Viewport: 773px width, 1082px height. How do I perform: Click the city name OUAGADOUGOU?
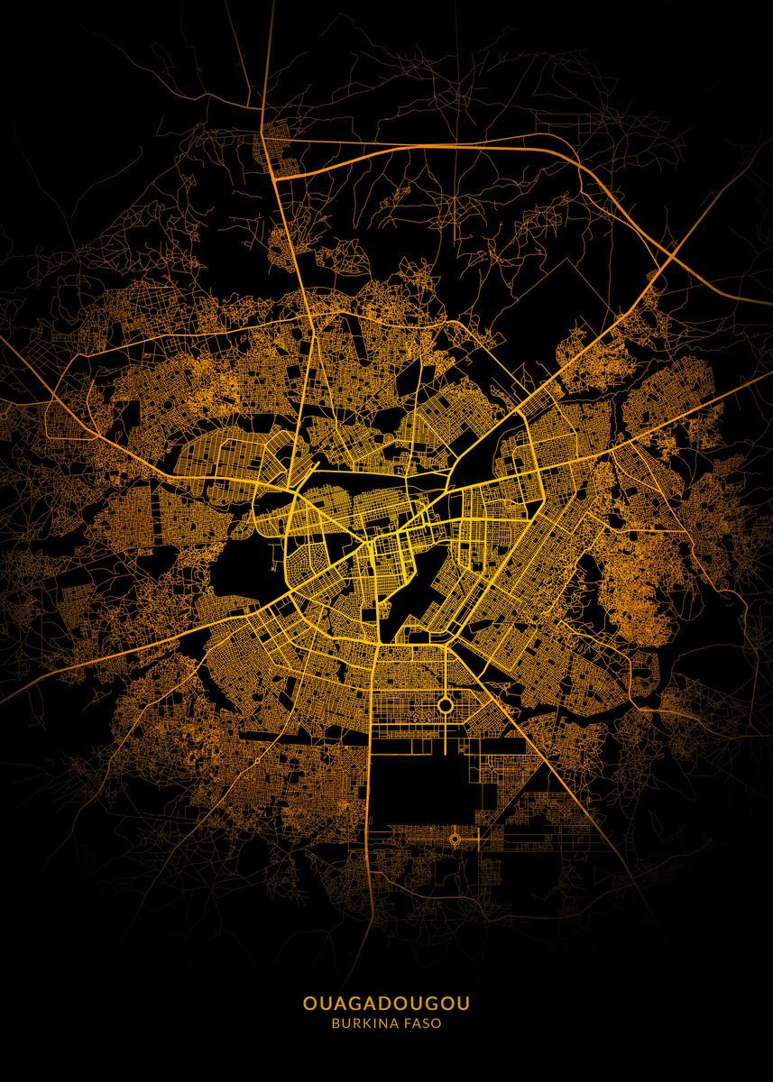[386, 1003]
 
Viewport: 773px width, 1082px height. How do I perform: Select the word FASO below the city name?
[423, 1023]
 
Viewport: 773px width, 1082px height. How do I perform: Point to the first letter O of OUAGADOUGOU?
[309, 1003]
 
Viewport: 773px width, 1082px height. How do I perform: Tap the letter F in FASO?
[409, 1023]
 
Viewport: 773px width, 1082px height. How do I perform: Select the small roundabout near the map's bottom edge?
[455, 839]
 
